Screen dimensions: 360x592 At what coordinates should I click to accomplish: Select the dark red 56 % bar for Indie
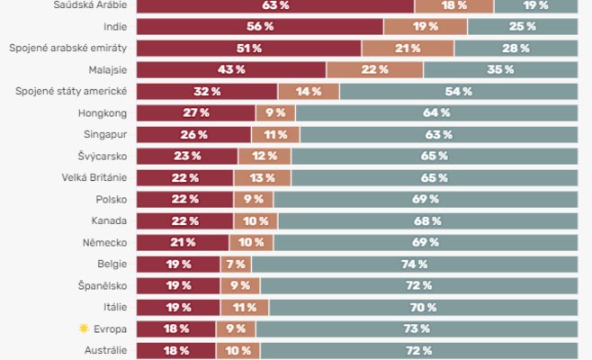(260, 26)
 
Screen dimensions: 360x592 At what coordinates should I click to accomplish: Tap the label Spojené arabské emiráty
(68, 48)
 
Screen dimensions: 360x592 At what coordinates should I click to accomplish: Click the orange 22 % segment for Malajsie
(374, 69)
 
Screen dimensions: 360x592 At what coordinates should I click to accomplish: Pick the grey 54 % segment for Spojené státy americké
(458, 91)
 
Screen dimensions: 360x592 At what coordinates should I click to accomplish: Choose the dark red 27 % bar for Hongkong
(195, 112)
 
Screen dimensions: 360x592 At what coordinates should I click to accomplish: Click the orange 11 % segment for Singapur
(269, 134)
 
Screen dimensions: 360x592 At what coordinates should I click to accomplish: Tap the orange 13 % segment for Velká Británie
(264, 177)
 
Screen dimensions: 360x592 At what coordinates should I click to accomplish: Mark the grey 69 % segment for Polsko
(425, 199)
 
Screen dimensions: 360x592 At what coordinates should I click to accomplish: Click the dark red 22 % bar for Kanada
(184, 220)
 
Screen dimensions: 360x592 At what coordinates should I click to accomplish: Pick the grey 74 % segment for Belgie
(414, 264)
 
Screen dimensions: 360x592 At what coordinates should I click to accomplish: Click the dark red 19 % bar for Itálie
(177, 307)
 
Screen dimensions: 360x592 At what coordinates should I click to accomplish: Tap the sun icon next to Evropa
(84, 328)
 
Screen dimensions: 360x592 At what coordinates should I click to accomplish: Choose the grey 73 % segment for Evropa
(416, 328)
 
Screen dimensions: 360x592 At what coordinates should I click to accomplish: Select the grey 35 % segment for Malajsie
(500, 69)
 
